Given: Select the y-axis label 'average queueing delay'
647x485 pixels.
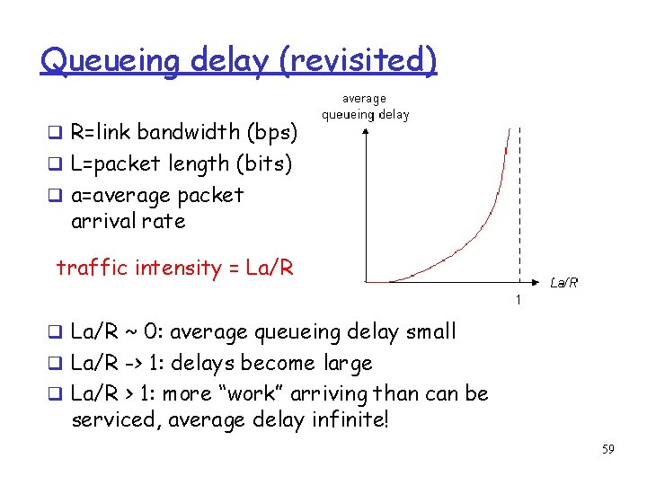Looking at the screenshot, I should click(x=366, y=107).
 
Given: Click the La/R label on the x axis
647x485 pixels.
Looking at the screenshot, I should click(x=563, y=282).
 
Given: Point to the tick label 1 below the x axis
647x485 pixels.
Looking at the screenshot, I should click(x=518, y=298).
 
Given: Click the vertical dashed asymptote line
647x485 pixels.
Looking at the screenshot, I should click(x=518, y=198).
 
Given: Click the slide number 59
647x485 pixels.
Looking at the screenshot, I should click(x=607, y=449).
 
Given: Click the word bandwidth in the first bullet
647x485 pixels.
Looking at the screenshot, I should click(x=192, y=133).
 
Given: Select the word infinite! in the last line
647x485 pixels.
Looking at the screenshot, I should click(x=350, y=420).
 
